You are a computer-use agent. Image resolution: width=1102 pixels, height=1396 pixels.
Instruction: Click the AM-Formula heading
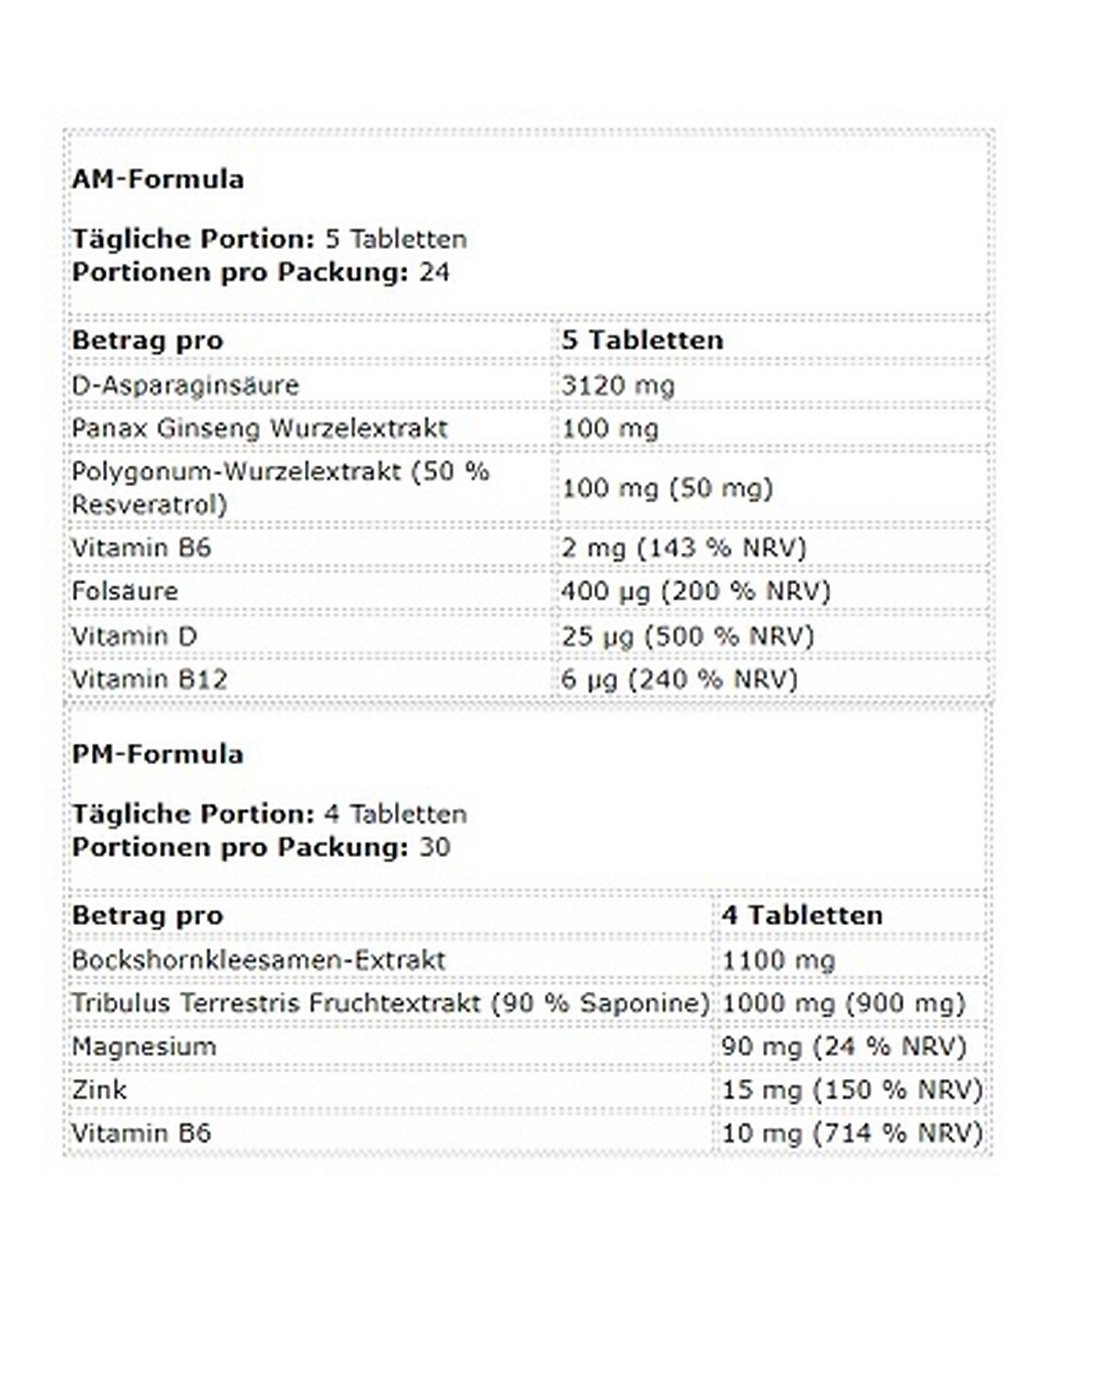[x=158, y=179]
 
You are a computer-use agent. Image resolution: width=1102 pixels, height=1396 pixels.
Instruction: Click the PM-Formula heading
[x=158, y=754]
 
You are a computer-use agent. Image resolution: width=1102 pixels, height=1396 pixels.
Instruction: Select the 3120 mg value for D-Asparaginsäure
[x=618, y=385]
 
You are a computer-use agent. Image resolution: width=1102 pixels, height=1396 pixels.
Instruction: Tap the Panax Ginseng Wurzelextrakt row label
[x=260, y=428]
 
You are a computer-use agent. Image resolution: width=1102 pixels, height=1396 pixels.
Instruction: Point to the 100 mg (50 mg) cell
[x=668, y=488]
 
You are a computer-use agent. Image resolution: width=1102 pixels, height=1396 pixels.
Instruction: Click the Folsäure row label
[x=125, y=591]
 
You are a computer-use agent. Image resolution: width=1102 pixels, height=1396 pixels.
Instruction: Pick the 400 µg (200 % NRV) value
[x=696, y=591]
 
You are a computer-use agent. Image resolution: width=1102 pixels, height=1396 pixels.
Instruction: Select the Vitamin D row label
[x=135, y=636]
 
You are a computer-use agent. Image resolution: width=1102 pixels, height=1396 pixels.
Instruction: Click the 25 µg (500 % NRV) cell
[x=688, y=636]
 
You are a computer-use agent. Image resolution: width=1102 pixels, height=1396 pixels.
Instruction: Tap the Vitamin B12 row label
[x=150, y=680]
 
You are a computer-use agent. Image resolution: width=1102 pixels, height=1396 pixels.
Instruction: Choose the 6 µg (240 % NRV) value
[x=680, y=680]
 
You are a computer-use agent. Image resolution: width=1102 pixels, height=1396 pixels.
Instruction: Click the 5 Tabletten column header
[x=643, y=340]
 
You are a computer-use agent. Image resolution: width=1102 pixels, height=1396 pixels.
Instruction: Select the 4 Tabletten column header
[x=803, y=915]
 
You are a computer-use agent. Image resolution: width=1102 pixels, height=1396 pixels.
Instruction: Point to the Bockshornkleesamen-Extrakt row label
[x=259, y=960]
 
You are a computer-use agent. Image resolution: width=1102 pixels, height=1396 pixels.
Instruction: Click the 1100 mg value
[x=779, y=961]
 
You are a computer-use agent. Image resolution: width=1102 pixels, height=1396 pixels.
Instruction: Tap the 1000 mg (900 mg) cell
[x=844, y=1003]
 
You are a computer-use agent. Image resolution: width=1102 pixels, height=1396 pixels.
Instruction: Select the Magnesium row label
[x=144, y=1046]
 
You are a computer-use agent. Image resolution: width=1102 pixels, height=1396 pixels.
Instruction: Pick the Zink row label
[x=99, y=1090]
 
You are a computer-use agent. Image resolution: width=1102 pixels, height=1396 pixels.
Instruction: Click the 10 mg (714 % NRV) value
[x=852, y=1133]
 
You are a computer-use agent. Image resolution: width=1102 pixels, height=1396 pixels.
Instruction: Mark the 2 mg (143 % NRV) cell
[x=684, y=548]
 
